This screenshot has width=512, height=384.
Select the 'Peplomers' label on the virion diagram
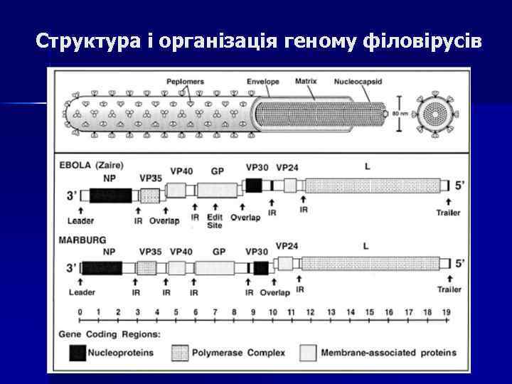click(185, 82)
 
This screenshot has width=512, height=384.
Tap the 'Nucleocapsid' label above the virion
click(358, 82)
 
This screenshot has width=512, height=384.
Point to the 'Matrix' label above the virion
click(306, 81)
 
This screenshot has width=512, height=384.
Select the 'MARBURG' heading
click(84, 240)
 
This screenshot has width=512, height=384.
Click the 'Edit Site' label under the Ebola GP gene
click(214, 221)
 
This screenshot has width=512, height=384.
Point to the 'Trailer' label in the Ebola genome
click(449, 212)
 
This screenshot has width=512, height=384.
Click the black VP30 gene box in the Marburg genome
click(260, 267)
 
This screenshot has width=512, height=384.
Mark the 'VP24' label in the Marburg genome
click(287, 246)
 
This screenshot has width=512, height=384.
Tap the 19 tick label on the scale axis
click(447, 312)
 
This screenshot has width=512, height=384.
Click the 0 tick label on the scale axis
click(80, 312)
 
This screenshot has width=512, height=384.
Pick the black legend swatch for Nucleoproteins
click(78, 352)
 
